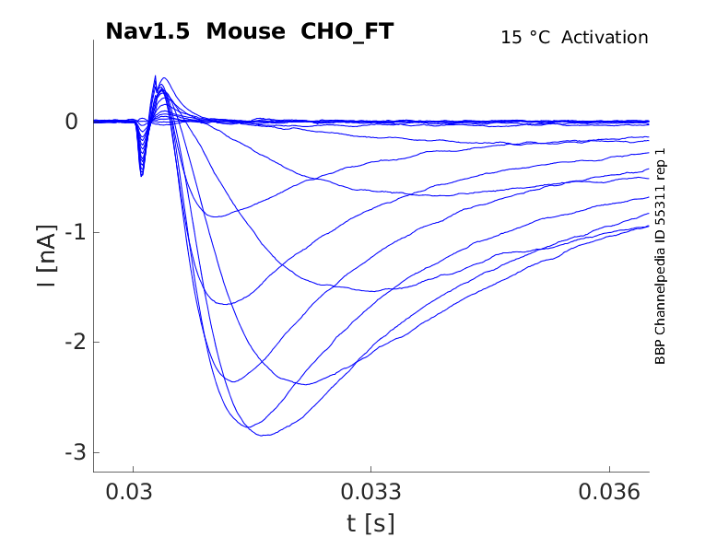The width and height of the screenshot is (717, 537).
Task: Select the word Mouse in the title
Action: pos(246,31)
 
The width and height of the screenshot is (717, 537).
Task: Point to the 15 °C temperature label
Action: pos(524,38)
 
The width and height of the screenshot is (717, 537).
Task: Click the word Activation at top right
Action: pos(605,38)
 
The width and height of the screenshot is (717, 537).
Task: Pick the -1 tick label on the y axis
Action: pos(71,232)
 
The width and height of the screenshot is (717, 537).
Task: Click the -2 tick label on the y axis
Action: pos(71,343)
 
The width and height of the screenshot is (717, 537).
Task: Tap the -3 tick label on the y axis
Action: pos(71,453)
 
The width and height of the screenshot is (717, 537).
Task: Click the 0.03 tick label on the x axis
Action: pos(133,492)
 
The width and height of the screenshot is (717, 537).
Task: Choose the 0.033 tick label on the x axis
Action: pos(370,492)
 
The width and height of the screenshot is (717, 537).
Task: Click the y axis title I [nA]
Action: pos(45,254)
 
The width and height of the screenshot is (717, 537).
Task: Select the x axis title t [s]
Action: pos(370,523)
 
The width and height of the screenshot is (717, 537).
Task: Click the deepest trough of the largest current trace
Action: pos(264,435)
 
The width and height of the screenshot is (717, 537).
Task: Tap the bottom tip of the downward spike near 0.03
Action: pos(141,175)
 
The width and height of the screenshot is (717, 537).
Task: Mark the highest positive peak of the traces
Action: pos(164,77)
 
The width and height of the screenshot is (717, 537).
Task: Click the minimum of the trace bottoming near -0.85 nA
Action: pos(216,216)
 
